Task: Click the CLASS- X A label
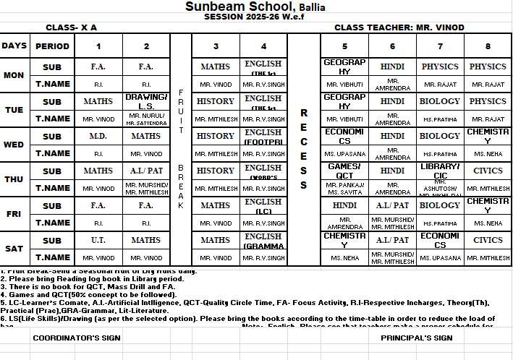point(71,27)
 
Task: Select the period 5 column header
point(344,46)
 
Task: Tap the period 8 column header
point(488,46)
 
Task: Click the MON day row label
point(14,75)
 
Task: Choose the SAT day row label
point(14,249)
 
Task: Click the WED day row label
point(14,145)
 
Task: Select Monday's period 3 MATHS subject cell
point(216,67)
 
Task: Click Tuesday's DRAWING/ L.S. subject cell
point(146,101)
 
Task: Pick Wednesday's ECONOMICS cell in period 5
point(344,136)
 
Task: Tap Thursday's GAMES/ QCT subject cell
point(344,171)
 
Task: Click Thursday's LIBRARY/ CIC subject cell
point(440,171)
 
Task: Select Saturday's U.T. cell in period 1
point(98,240)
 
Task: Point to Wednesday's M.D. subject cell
point(98,136)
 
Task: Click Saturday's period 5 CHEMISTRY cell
point(344,240)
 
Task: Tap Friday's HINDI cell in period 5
point(344,205)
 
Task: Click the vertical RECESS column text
point(304,150)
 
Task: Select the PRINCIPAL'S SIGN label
point(416,338)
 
